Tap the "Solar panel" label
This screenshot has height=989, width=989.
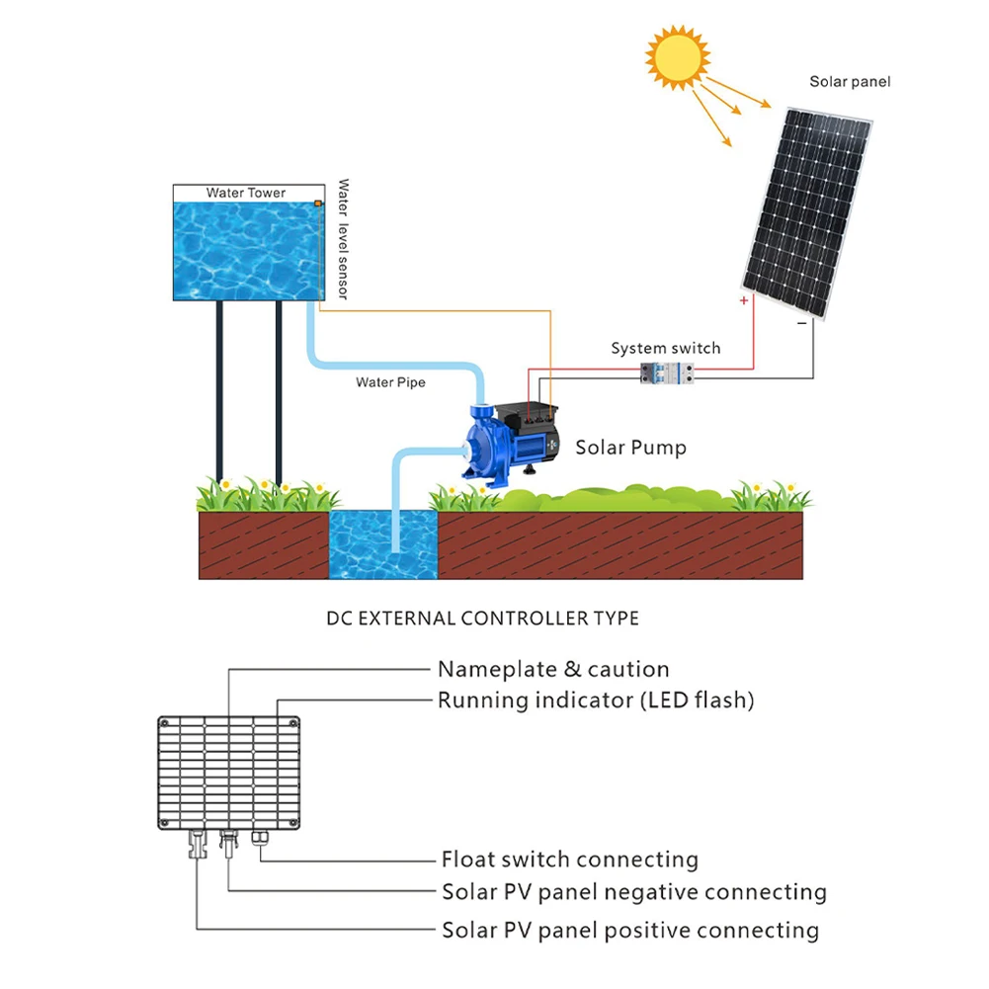point(850,82)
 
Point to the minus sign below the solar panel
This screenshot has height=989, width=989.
point(801,322)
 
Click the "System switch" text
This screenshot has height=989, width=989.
point(665,348)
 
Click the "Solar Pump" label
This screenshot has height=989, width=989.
point(630,448)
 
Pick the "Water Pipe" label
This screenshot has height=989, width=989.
point(390,382)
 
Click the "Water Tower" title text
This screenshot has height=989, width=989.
point(246,193)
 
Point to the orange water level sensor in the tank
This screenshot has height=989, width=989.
point(318,205)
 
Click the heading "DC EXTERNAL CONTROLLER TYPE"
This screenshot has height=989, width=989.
point(482,618)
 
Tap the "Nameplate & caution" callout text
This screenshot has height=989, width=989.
point(553,670)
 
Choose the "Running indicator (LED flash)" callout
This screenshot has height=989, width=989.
point(596,701)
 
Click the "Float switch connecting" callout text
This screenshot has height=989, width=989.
point(569,860)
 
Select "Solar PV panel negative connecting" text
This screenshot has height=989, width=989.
point(633,893)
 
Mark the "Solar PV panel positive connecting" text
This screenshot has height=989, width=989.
point(629,930)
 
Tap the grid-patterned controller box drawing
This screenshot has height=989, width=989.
point(228,773)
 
